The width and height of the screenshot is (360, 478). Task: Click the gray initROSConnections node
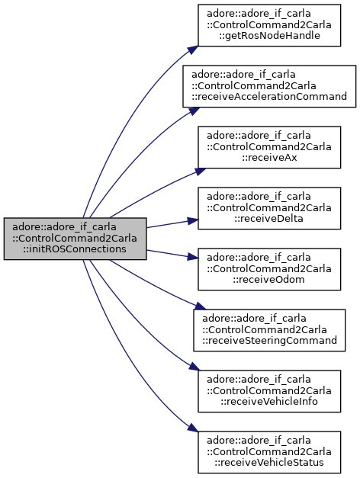point(75,239)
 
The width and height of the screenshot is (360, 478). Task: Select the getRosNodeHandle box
point(269,25)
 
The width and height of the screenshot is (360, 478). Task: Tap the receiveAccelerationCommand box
point(269,86)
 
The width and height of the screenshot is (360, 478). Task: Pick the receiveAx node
point(269,147)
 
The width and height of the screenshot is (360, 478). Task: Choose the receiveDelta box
point(269,208)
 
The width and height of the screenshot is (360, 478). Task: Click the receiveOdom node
point(269,269)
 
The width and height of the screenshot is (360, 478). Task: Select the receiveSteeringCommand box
point(269,330)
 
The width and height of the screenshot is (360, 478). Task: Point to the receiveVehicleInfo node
point(269,391)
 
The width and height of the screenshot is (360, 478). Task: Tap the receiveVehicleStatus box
point(269,452)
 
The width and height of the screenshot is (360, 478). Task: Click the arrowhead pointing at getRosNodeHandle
point(194,50)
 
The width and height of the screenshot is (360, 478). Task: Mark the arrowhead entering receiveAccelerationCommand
point(194,111)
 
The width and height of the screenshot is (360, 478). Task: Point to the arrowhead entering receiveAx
point(200,172)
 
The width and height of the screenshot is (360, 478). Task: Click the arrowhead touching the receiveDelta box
point(193,220)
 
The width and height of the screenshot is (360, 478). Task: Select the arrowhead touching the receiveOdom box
point(193,257)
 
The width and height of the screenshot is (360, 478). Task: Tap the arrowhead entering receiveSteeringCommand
point(200,306)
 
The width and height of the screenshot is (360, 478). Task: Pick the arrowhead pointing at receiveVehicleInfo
point(194,367)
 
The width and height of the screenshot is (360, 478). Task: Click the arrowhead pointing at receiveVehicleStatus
point(193,428)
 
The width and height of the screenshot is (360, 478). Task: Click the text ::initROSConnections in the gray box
point(75,249)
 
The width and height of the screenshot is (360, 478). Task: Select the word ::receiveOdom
point(269,280)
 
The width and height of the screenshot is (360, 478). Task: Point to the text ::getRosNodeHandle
point(269,36)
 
